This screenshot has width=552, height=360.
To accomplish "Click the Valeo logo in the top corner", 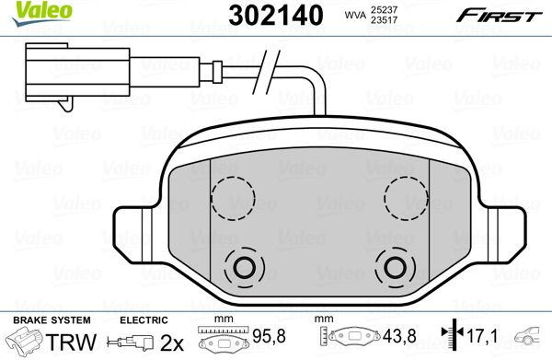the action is pyautogui.click(x=41, y=13).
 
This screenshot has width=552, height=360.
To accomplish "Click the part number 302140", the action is pyautogui.click(x=276, y=15).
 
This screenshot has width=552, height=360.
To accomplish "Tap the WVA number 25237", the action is pyautogui.click(x=384, y=10).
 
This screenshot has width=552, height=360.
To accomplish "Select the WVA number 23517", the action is pyautogui.click(x=384, y=20).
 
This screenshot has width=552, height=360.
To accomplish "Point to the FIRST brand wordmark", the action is pyautogui.click(x=500, y=16).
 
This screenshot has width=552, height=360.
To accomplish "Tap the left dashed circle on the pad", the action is pyautogui.click(x=233, y=198).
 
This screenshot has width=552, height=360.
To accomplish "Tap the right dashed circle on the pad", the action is pyautogui.click(x=406, y=198).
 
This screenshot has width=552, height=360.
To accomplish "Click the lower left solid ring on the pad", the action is pyautogui.click(x=244, y=267).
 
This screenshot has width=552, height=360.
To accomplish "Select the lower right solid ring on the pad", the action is pyautogui.click(x=395, y=267).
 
